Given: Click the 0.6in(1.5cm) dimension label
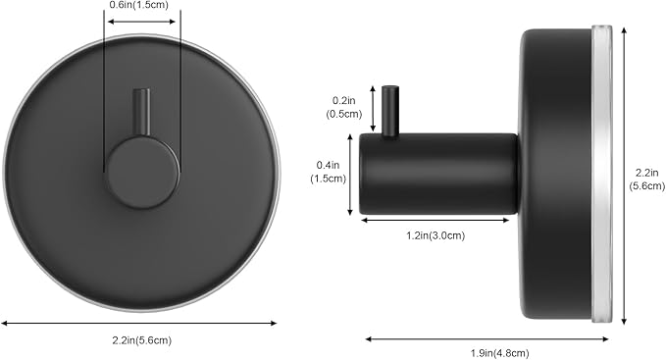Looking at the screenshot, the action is (x=139, y=5).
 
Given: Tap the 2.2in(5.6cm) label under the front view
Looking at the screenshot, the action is (x=142, y=340).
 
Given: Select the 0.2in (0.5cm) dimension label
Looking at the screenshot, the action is (x=344, y=107).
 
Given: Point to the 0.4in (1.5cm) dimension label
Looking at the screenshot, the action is (x=328, y=172).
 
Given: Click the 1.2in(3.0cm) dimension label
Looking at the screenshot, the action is (x=435, y=235).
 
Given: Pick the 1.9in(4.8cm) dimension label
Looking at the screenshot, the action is (x=499, y=353).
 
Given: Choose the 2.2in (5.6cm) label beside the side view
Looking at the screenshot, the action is (x=646, y=180).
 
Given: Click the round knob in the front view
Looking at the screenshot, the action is (x=143, y=173).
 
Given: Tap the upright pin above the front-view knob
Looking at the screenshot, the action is (x=141, y=112).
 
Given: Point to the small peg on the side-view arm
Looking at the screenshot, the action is (x=390, y=111).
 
